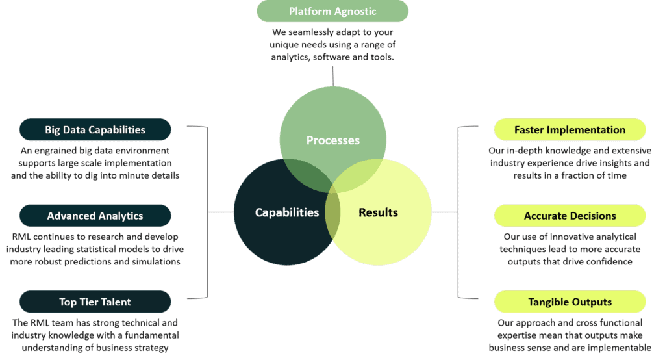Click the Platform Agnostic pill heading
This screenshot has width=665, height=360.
[x=332, y=11]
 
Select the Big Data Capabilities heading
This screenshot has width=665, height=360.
[x=95, y=129]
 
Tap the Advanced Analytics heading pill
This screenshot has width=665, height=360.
[x=95, y=216]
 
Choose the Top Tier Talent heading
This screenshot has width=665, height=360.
[x=95, y=302]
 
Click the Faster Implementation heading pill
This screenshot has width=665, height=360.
[x=570, y=129]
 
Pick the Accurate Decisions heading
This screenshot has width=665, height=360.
[x=570, y=216]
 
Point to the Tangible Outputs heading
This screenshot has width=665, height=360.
[x=570, y=302]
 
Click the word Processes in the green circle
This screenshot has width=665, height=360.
[x=333, y=140]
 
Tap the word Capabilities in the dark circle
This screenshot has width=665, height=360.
[x=286, y=212]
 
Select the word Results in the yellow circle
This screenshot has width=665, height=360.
[x=379, y=212]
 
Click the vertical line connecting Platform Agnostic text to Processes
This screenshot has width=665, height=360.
[x=333, y=77]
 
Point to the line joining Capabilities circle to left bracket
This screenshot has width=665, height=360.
[x=221, y=212]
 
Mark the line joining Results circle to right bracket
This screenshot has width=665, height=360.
[x=445, y=212]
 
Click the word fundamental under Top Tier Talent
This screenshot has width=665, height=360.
[x=152, y=335]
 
